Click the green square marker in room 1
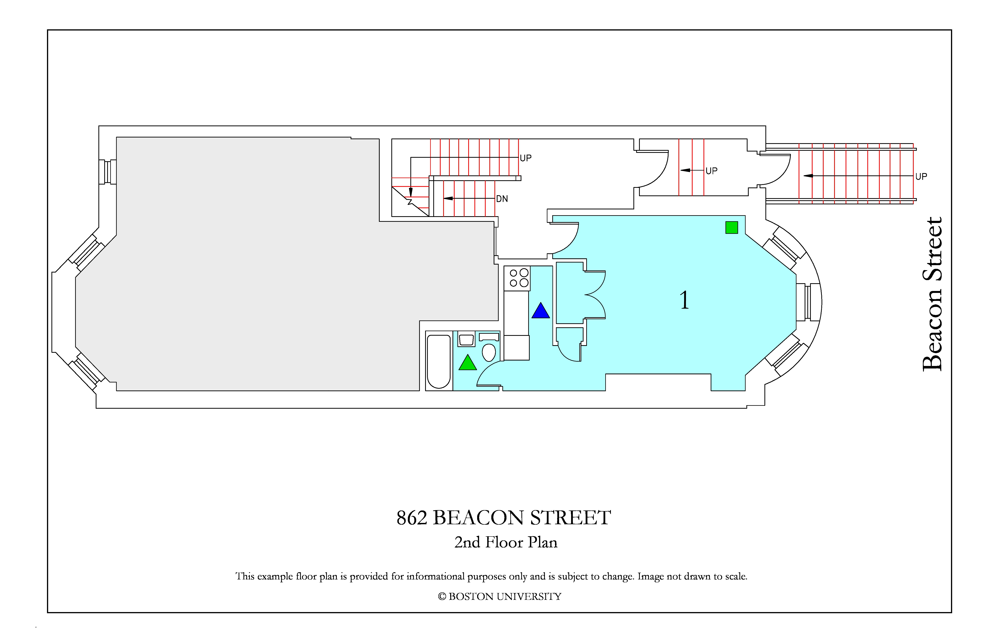(x=732, y=228)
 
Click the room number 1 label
(x=684, y=300)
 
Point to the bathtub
(x=439, y=361)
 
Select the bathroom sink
(x=466, y=340)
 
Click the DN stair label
(x=502, y=199)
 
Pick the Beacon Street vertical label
(x=932, y=294)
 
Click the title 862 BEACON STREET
(x=504, y=518)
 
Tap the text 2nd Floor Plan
(x=506, y=542)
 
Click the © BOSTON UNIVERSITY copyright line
(x=500, y=597)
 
